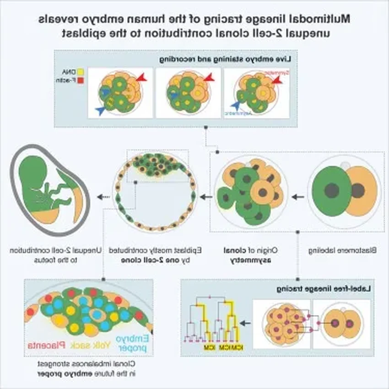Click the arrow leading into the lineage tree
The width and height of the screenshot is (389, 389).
pyautogui.click(x=245, y=323)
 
